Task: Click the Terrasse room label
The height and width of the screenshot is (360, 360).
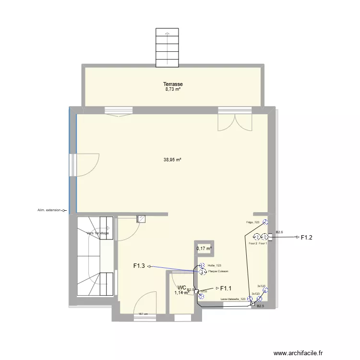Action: pyautogui.click(x=172, y=84)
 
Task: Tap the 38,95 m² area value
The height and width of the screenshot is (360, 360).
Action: pyautogui.click(x=172, y=160)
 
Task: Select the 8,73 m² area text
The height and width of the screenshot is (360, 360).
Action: pyautogui.click(x=172, y=89)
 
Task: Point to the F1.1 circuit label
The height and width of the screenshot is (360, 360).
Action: pyautogui.click(x=226, y=288)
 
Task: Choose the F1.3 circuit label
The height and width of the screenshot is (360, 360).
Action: pyautogui.click(x=139, y=265)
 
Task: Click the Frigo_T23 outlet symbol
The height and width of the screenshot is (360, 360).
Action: pyautogui.click(x=264, y=222)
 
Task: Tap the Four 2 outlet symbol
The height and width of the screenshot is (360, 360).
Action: pyautogui.click(x=257, y=237)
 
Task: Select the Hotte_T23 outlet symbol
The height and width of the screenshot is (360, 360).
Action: pyautogui.click(x=202, y=265)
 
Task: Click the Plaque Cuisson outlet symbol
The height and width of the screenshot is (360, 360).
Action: pyautogui.click(x=202, y=271)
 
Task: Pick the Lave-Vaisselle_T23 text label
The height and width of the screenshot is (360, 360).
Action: pyautogui.click(x=233, y=299)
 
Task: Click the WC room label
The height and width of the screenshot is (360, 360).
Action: pyautogui.click(x=181, y=288)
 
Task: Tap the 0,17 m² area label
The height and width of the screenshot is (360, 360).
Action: pyautogui.click(x=204, y=249)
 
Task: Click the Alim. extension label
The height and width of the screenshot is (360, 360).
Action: pyautogui.click(x=49, y=210)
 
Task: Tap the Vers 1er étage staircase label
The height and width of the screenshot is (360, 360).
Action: pyautogui.click(x=97, y=233)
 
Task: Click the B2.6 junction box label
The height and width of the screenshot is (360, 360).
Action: pyautogui.click(x=279, y=232)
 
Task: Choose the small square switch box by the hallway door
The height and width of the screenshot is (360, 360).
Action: pyautogui.click(x=141, y=219)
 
